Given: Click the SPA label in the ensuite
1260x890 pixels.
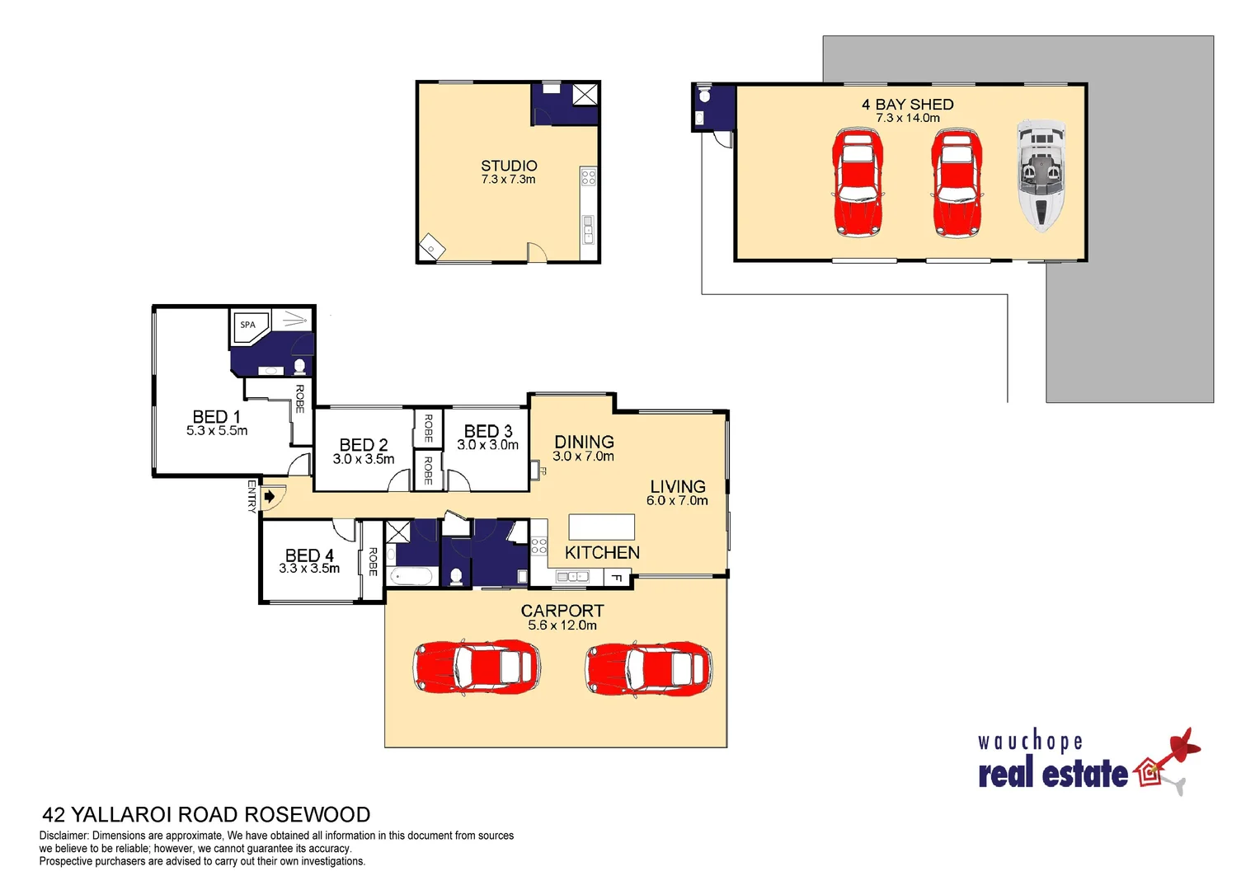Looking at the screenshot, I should [247, 325].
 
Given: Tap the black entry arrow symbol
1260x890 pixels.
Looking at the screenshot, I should [269, 497].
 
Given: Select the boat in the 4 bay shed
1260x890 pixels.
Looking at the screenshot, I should [1041, 175].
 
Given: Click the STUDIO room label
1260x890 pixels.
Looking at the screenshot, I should [509, 166].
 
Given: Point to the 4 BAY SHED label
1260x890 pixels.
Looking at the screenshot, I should [907, 105].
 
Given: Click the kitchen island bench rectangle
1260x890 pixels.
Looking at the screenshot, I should [601, 527].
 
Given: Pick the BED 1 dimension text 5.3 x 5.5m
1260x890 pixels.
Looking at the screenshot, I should [217, 431].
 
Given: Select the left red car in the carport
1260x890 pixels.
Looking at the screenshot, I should [477, 667].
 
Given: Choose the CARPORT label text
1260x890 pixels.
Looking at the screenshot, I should [562, 611].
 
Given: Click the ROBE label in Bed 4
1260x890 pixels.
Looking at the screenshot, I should [373, 561].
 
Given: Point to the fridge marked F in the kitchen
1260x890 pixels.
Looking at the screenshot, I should [617, 578].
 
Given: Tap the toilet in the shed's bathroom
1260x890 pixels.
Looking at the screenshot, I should [704, 96].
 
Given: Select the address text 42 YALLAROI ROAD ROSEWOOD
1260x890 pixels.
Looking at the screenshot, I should [206, 815].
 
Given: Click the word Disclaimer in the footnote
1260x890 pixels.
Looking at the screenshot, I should [63, 836].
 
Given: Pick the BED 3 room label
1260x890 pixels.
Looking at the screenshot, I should [488, 431].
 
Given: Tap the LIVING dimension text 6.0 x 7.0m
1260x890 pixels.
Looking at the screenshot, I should [677, 501].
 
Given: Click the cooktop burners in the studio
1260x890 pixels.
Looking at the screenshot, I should [588, 176].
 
